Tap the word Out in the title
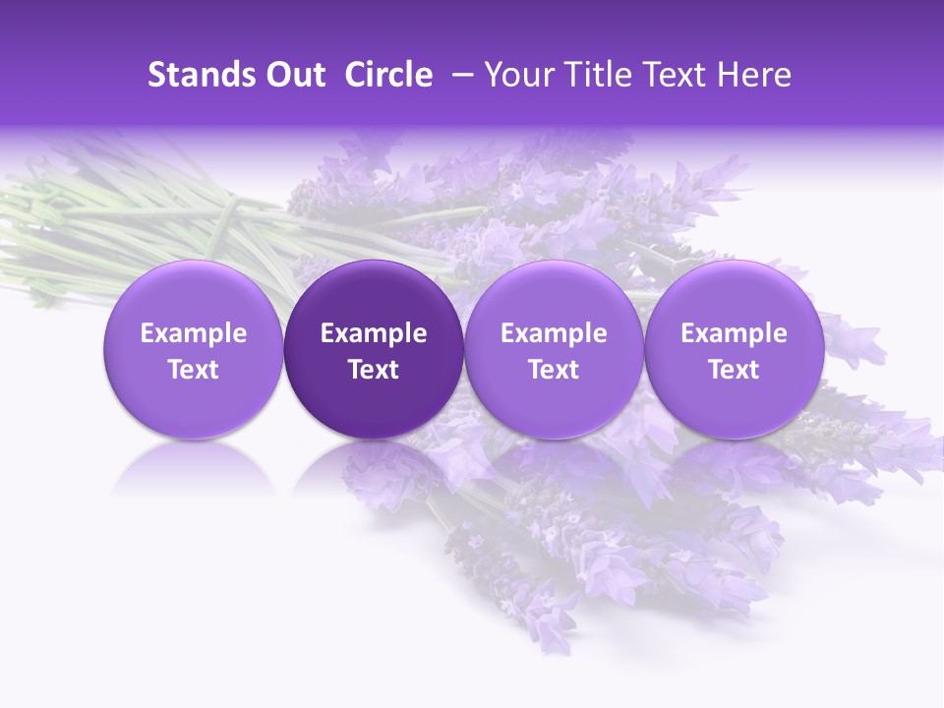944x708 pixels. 293,75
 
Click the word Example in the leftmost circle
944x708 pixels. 193,333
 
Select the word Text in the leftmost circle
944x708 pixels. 193,370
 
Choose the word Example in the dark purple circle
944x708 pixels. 374,333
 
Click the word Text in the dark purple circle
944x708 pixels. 374,370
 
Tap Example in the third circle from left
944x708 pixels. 554,333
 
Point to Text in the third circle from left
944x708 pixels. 554,370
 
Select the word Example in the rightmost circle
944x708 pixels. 734,333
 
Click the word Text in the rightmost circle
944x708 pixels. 734,370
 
